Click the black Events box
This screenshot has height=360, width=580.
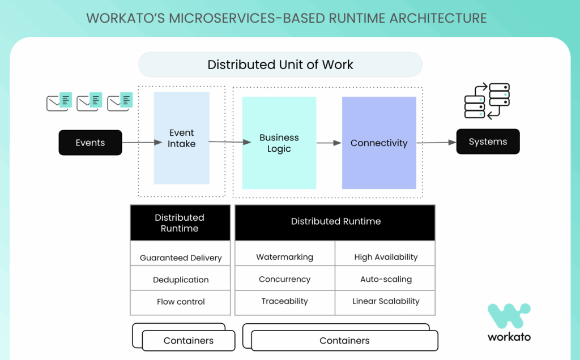point(90,143)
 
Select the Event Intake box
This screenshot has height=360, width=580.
point(181,138)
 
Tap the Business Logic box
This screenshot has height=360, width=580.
point(279,143)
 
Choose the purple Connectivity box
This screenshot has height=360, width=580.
point(379,143)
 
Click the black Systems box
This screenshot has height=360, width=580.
point(488,142)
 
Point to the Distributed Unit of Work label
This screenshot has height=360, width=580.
point(280,65)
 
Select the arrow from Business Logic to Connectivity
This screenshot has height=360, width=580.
point(329,143)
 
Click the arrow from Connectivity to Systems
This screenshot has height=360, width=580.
point(437,143)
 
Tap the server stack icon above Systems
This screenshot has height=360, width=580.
point(487,101)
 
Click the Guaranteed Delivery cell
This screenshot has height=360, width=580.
point(181,258)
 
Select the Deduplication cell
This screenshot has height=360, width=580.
point(181,280)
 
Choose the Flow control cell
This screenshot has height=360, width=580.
point(181,302)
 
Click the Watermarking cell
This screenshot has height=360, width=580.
point(284,257)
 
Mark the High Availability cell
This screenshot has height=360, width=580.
point(386,257)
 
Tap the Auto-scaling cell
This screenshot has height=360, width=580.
point(386,279)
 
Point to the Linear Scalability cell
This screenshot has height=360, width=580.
point(386,301)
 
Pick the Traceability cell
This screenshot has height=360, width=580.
point(284,301)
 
